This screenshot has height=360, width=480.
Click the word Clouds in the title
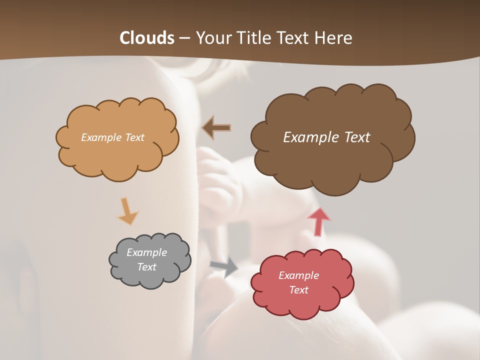pyautogui.click(x=147, y=38)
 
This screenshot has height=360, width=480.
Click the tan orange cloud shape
pyautogui.click(x=117, y=155)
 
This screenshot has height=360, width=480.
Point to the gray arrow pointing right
pyautogui.click(x=224, y=266)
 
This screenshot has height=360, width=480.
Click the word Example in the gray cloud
pyautogui.click(x=146, y=252)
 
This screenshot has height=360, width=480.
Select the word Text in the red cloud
pyautogui.click(x=298, y=290)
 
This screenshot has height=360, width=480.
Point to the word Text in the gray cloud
pyautogui.click(x=146, y=267)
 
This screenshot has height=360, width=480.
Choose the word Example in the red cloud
pyautogui.click(x=298, y=275)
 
